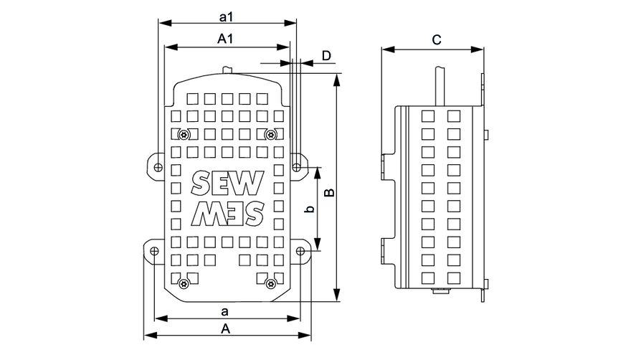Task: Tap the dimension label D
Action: (326, 55)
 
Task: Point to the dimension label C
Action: (436, 40)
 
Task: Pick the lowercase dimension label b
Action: (308, 209)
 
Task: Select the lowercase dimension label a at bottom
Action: (225, 311)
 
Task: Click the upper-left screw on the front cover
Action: (184, 134)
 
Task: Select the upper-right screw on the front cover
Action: (270, 134)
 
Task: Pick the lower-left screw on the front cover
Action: (184, 283)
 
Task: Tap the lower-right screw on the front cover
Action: (270, 283)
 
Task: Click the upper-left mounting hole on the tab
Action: (156, 166)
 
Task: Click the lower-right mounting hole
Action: (300, 250)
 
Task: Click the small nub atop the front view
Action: (228, 70)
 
